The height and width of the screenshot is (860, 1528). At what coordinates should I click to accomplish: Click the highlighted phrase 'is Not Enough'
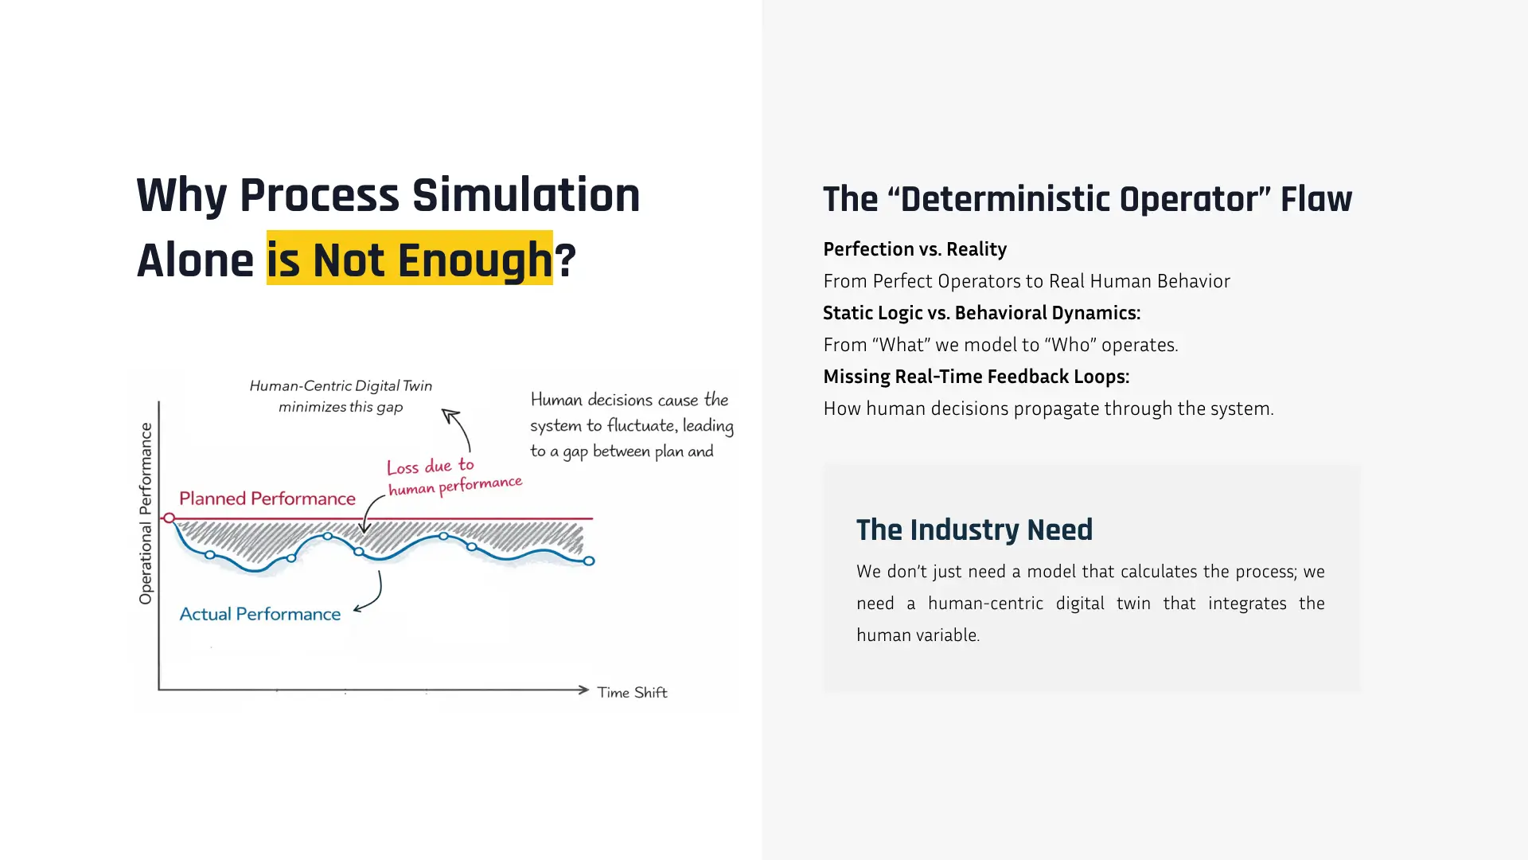coord(409,259)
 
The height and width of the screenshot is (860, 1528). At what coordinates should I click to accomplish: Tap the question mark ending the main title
coord(565,260)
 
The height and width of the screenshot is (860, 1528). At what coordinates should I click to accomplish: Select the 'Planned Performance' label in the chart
coord(267,498)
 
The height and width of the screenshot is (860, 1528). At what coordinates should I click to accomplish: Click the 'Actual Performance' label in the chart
coord(260,614)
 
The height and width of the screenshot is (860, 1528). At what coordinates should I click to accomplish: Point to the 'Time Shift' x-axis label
coord(633,692)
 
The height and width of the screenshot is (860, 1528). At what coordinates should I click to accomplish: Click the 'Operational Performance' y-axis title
coord(146,514)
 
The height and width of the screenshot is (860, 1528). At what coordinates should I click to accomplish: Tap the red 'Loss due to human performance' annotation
coord(454,477)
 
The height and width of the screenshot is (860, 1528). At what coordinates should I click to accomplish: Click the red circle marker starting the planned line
coord(169,518)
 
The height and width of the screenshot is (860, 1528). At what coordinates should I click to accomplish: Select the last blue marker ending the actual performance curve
coord(589,561)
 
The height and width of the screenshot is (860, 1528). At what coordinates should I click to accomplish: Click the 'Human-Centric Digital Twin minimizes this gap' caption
coord(341,397)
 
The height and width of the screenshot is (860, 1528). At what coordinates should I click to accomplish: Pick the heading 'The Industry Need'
coord(974,530)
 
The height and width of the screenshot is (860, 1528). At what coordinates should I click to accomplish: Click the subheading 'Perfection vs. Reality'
coord(915,249)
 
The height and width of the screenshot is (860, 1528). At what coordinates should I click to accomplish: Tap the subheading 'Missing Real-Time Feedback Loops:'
coord(976,377)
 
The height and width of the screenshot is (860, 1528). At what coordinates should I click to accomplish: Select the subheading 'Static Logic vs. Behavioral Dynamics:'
coord(982,313)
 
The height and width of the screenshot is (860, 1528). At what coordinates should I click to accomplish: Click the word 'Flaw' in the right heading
coord(1316,199)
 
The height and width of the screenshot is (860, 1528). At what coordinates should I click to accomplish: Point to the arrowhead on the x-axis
coord(584,690)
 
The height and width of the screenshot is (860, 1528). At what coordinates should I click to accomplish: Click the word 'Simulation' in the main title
coord(526,195)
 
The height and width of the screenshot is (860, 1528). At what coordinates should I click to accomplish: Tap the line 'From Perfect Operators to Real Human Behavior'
coord(1027,281)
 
